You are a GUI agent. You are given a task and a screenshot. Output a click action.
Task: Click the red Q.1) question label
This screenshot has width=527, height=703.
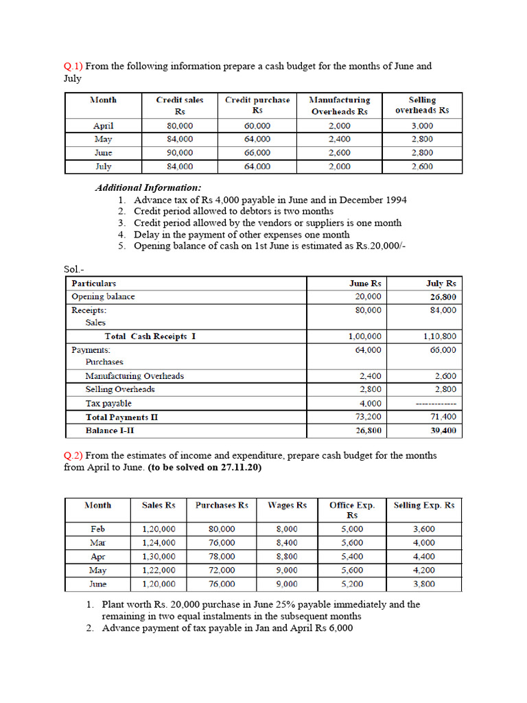[x=73, y=66]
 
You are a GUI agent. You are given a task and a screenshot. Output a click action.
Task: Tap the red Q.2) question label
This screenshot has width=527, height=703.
[x=73, y=456]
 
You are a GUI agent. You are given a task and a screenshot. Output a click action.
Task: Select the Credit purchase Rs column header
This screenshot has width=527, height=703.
[x=257, y=105]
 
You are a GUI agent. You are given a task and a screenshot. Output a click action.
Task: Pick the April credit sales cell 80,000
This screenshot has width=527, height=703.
[x=180, y=126]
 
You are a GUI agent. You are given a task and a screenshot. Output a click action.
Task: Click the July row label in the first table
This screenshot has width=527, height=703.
[x=103, y=166]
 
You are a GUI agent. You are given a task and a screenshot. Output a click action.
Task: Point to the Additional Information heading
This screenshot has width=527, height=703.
[x=148, y=187]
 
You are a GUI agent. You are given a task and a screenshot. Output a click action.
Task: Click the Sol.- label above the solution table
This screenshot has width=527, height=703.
[x=73, y=270]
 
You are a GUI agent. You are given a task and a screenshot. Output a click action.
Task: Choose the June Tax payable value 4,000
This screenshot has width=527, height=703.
[x=371, y=404]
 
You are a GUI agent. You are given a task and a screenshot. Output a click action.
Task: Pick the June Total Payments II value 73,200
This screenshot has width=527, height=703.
[x=371, y=417]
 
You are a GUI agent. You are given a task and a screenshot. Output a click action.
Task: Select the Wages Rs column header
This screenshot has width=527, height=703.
[x=286, y=505]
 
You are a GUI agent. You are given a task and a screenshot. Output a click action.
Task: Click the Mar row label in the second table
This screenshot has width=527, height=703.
[x=97, y=542]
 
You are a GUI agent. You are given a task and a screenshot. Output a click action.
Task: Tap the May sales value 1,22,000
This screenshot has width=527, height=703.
[x=159, y=570]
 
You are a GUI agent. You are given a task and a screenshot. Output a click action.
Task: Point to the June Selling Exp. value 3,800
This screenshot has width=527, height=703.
[x=423, y=584]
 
